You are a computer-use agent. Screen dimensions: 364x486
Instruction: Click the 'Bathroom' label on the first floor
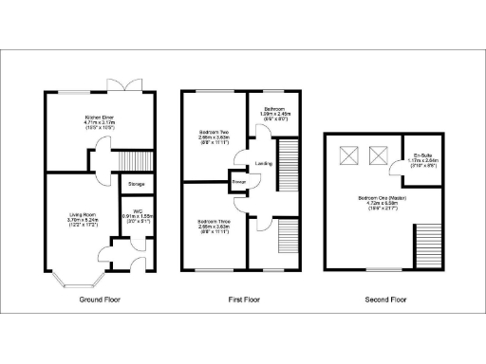click(275, 111)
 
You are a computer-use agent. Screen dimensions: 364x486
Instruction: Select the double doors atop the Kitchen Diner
click(124, 88)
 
